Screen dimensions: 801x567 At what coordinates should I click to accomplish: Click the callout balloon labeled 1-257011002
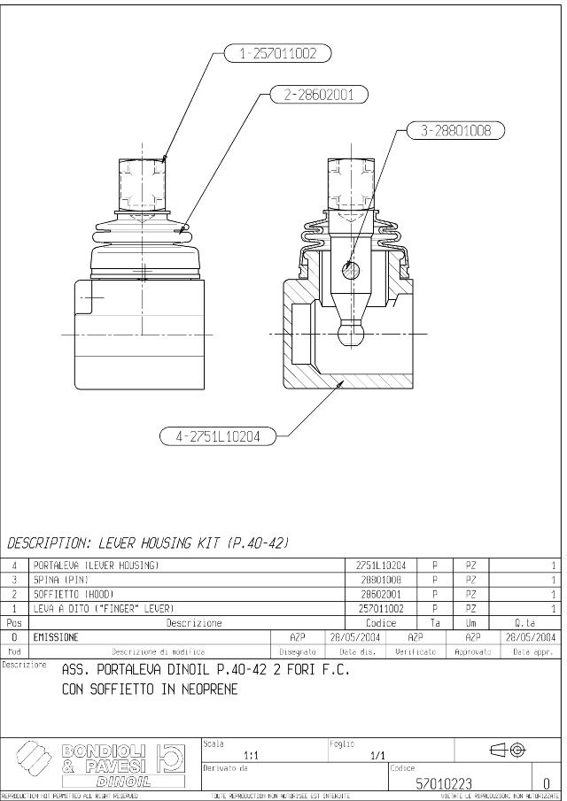pos(276,54)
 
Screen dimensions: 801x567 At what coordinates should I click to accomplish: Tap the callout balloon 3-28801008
pos(454,131)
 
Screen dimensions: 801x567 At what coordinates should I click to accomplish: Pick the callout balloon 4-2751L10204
pos(218,435)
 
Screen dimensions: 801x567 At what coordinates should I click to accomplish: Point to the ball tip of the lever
pos(352,334)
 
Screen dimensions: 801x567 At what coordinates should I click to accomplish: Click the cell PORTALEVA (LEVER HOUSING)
pos(97,564)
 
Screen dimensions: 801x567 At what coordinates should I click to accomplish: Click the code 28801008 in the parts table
pos(380,579)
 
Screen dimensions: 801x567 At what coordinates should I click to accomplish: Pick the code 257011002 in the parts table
pos(380,609)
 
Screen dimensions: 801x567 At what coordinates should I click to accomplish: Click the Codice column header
pos(380,623)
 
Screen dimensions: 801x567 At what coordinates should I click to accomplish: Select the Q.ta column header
pos(524,623)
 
